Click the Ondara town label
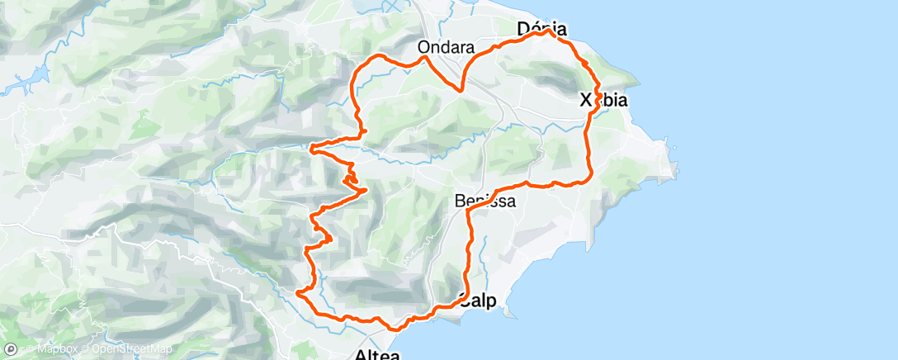pyautogui.click(x=445, y=46)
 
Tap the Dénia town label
pyautogui.click(x=541, y=27)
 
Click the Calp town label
pyautogui.click(x=478, y=301)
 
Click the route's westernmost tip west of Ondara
pyautogui.click(x=311, y=149)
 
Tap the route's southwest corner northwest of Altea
pyautogui.click(x=298, y=291)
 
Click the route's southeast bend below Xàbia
pyautogui.click(x=588, y=178)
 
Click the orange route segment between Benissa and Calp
pyautogui.click(x=470, y=248)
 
